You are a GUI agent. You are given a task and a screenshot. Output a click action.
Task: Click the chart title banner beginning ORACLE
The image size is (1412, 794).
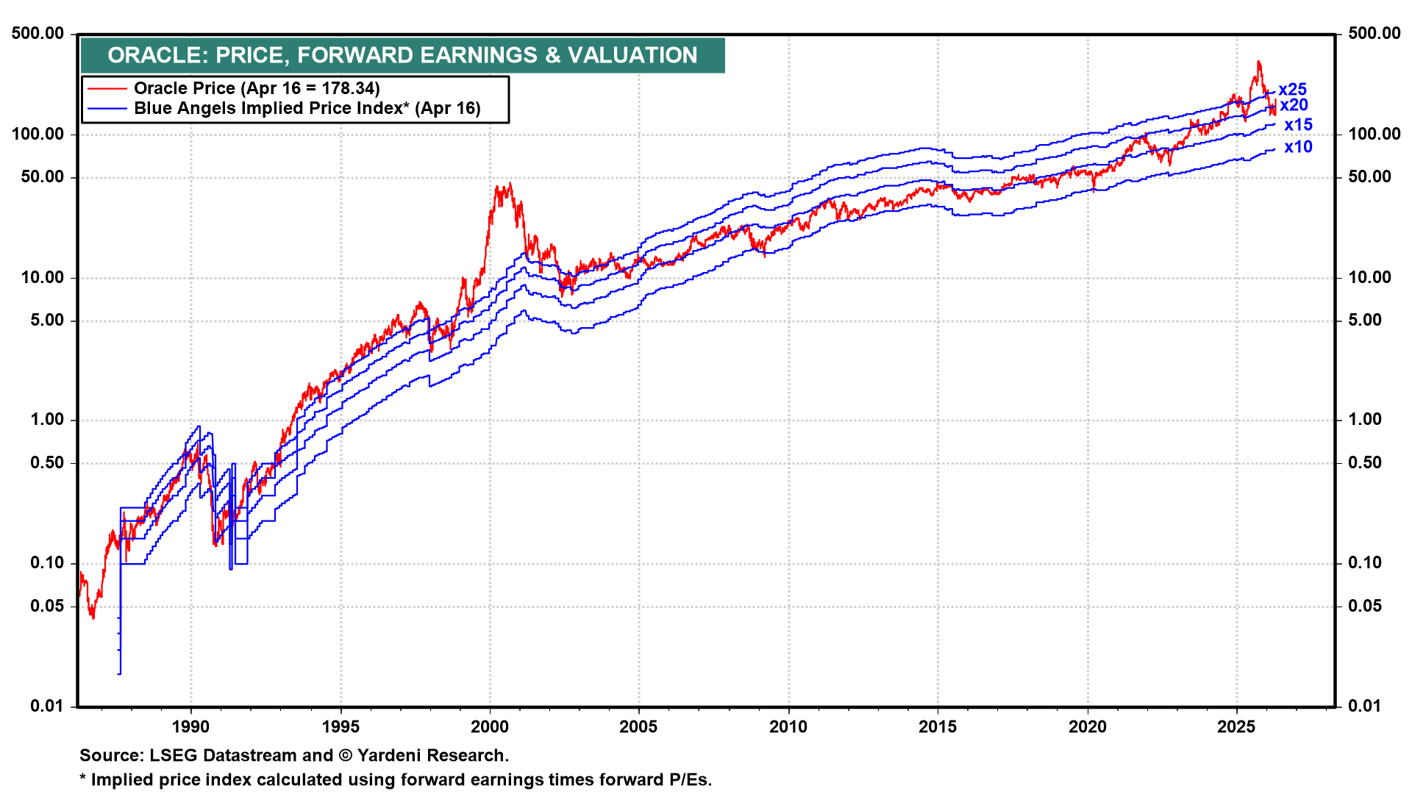pyautogui.click(x=402, y=55)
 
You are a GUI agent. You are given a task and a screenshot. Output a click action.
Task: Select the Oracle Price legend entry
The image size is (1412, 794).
pyautogui.click(x=256, y=88)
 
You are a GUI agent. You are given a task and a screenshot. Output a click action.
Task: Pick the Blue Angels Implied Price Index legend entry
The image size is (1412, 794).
pyautogui.click(x=307, y=109)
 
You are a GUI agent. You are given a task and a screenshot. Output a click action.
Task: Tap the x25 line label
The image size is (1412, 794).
pyautogui.click(x=1292, y=90)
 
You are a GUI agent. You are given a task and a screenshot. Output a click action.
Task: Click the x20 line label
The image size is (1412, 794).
pyautogui.click(x=1294, y=105)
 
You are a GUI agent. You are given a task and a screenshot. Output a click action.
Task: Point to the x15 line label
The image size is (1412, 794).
pyautogui.click(x=1298, y=125)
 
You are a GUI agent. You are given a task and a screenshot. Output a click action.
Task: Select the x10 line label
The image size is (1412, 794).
pyautogui.click(x=1298, y=147)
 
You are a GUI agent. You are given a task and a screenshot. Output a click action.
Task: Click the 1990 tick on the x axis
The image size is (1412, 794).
pyautogui.click(x=190, y=727)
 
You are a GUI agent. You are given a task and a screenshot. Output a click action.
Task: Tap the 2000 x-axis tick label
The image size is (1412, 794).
pyautogui.click(x=489, y=727)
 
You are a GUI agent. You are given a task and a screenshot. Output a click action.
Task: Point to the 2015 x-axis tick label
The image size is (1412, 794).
pyautogui.click(x=938, y=727)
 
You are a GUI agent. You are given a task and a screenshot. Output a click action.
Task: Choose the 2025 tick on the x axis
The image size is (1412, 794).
pyautogui.click(x=1236, y=727)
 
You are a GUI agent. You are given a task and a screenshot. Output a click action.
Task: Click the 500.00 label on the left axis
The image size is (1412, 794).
pyautogui.click(x=38, y=34)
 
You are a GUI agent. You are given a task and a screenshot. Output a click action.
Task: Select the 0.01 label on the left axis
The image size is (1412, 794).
pyautogui.click(x=47, y=707)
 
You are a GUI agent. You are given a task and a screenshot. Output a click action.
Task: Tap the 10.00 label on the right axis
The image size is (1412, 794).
pyautogui.click(x=1369, y=278)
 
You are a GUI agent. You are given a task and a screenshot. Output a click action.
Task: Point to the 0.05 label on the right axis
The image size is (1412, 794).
pyautogui.click(x=1364, y=607)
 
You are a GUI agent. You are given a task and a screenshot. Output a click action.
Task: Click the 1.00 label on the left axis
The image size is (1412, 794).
pyautogui.click(x=47, y=420)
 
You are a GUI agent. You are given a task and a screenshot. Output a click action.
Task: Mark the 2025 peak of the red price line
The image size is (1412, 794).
pyautogui.click(x=1259, y=62)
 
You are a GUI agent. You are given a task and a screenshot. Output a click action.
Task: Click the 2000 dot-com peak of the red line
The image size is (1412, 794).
pyautogui.click(x=508, y=184)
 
